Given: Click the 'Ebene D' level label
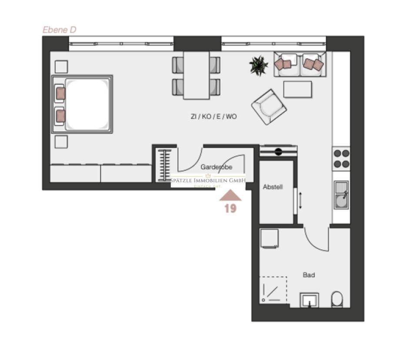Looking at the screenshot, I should (x=60, y=30).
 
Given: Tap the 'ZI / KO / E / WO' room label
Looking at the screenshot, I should (x=213, y=117).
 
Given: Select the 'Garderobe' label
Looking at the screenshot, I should (x=216, y=167).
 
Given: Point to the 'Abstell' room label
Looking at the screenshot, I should (x=273, y=187).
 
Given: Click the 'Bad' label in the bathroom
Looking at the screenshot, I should (x=309, y=275).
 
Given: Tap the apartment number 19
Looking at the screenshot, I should (x=230, y=209).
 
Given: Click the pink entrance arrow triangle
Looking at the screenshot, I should (x=230, y=195).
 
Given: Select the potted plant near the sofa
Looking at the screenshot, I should (x=259, y=65).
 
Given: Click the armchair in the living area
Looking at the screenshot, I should (x=269, y=107).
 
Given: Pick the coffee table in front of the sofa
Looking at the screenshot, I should (x=297, y=90).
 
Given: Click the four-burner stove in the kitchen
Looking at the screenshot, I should (x=341, y=158).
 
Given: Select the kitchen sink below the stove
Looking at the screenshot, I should (x=341, y=195).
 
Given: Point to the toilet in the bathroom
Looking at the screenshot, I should (x=337, y=299).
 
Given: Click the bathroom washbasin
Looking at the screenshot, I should (x=310, y=300).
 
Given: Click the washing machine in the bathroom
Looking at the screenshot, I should (x=269, y=238).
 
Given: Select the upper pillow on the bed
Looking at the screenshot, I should (x=60, y=94).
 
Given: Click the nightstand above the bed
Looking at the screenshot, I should (x=61, y=67).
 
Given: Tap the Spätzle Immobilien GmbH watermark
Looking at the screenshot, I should (x=208, y=180).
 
